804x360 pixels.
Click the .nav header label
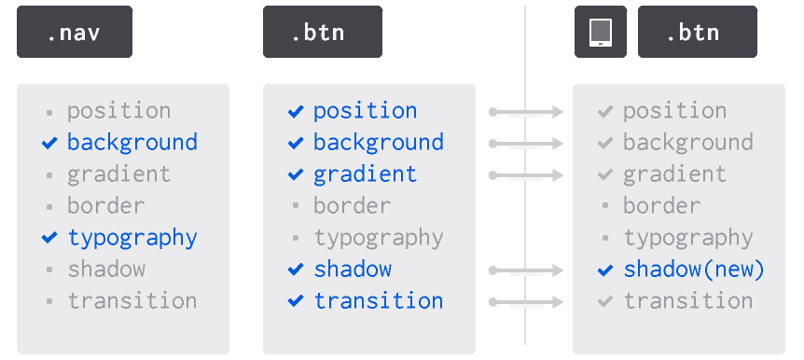tap(74, 33)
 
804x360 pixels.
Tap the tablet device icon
tap(600, 33)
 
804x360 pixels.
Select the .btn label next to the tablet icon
tap(693, 33)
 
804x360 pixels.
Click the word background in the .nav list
tap(132, 143)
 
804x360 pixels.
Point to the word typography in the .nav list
tap(132, 238)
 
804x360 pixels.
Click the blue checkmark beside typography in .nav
tap(49, 238)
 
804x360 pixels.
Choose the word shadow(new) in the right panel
tap(693, 270)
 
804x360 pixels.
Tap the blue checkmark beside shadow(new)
tap(605, 270)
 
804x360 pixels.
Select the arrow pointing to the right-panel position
tap(527, 112)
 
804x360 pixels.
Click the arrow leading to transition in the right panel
tap(527, 302)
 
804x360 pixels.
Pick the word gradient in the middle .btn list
tap(365, 174)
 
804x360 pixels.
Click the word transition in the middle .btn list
tap(378, 301)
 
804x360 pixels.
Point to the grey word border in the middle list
tap(352, 206)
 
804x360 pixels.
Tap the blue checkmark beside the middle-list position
tap(296, 111)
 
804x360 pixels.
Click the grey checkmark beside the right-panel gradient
tap(605, 174)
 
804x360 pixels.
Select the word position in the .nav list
tap(118, 111)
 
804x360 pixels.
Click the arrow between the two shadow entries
tap(527, 270)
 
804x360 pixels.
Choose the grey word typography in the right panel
tap(687, 238)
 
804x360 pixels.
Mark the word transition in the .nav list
tap(132, 301)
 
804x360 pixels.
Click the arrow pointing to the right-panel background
tap(527, 144)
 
